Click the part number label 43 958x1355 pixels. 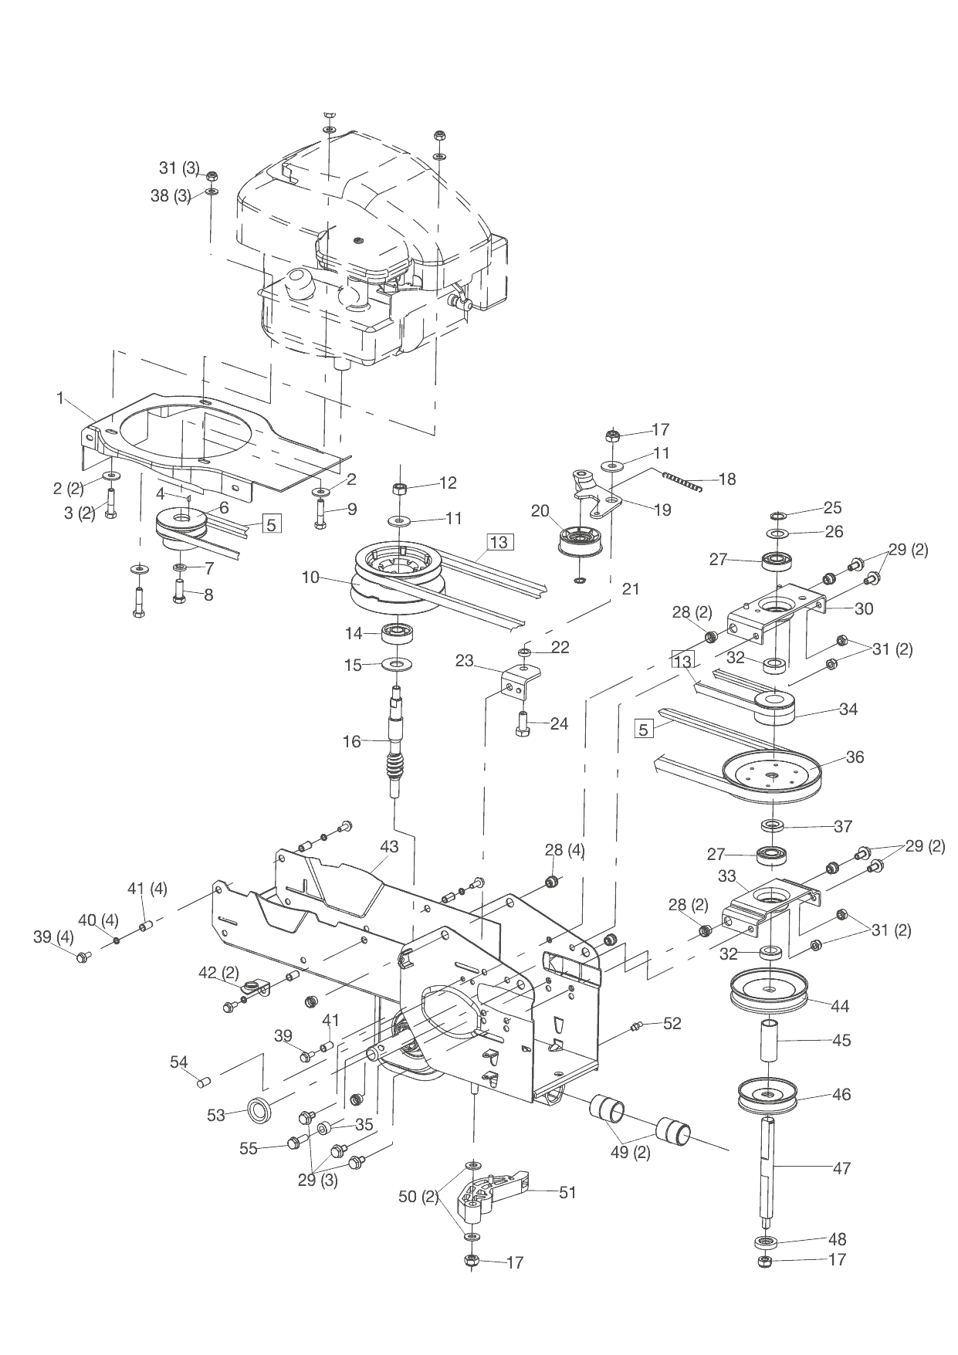pos(389,847)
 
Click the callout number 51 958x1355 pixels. pos(567,1193)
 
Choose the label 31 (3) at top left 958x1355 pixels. pos(179,168)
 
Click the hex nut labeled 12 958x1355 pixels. pos(400,488)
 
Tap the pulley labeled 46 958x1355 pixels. pos(767,1095)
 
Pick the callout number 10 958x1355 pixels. pos(310,577)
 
